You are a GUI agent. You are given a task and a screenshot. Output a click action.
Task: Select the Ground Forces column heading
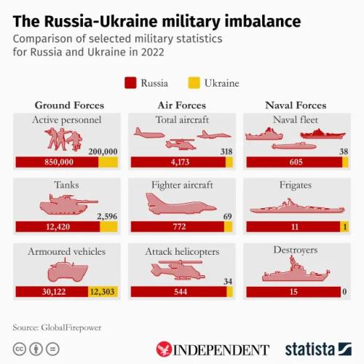(69, 106)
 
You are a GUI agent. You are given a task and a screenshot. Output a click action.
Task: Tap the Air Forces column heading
(181, 106)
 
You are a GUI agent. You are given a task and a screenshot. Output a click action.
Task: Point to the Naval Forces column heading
(295, 106)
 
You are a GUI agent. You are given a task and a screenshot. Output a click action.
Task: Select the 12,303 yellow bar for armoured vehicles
(103, 292)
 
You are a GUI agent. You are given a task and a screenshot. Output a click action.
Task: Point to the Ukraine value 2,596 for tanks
(103, 216)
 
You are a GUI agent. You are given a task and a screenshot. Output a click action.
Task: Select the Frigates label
(295, 186)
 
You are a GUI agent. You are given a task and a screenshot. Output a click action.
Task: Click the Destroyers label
(295, 250)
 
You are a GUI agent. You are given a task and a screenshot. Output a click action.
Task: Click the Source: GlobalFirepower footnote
(58, 328)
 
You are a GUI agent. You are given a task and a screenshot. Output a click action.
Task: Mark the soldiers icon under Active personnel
(63, 139)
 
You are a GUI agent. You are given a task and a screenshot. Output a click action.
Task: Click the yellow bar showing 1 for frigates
(344, 227)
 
